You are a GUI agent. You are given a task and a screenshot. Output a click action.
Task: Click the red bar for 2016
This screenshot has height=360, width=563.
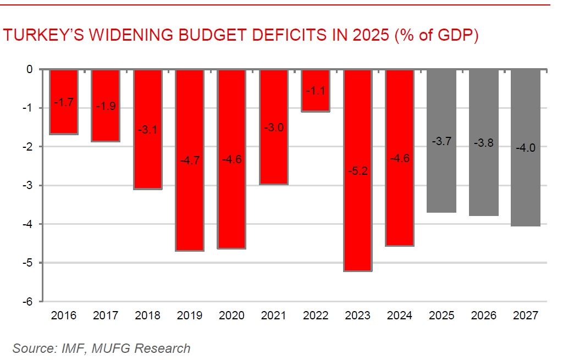(64, 102)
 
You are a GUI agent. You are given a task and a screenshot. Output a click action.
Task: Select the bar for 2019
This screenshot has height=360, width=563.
(190, 160)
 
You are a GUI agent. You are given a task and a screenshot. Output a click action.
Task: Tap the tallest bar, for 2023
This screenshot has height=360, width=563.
(358, 170)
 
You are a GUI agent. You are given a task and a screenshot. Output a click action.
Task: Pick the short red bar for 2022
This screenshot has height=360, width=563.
(316, 91)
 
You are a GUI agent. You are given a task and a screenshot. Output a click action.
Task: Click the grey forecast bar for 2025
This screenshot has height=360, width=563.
(441, 141)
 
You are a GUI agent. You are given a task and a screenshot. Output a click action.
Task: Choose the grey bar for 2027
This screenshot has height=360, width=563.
(526, 147)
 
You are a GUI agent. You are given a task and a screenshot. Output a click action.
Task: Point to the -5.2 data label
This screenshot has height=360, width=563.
(357, 170)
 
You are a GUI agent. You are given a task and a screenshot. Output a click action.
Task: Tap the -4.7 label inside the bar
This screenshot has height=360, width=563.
(190, 161)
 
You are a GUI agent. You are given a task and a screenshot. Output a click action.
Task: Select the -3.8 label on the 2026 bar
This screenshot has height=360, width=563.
(484, 143)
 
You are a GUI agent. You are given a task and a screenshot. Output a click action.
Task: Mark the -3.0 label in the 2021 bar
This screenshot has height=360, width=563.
(273, 128)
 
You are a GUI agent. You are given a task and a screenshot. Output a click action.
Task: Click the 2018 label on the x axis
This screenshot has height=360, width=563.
(147, 316)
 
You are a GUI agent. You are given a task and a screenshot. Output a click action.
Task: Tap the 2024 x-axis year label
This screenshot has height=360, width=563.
(400, 316)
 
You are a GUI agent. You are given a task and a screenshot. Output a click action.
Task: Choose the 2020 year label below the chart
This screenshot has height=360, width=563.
(231, 316)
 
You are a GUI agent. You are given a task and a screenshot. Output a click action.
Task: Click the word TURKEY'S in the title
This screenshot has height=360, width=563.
(43, 36)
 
